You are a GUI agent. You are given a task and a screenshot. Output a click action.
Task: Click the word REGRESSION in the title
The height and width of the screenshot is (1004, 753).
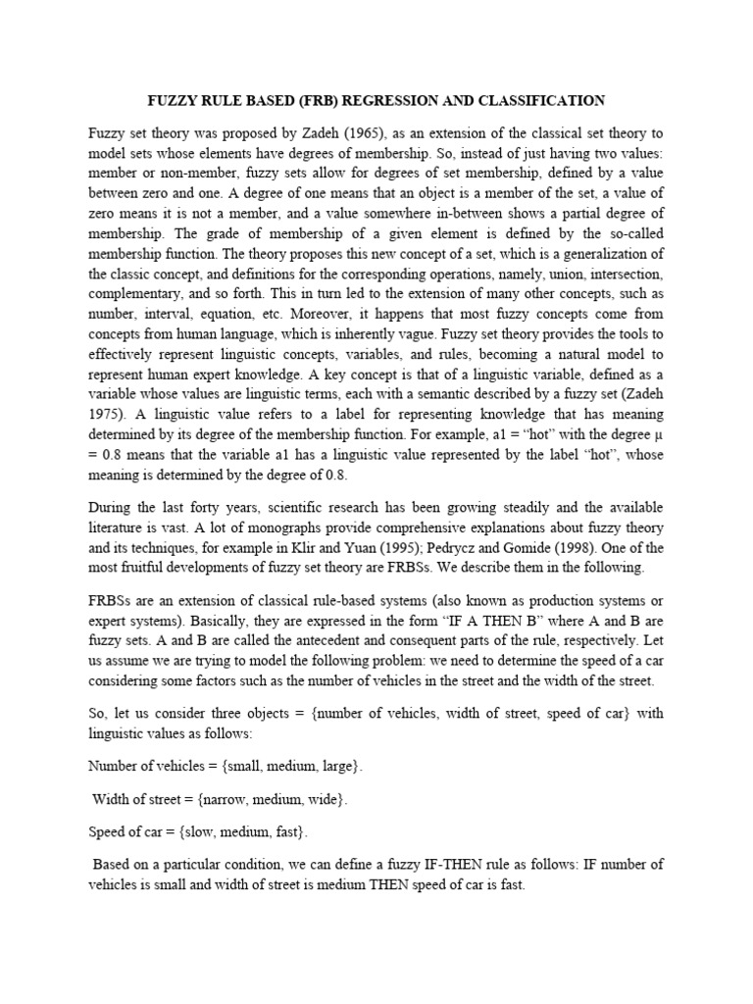coord(417,101)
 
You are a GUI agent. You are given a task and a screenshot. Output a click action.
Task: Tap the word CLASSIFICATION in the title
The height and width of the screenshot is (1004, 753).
coord(545,101)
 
